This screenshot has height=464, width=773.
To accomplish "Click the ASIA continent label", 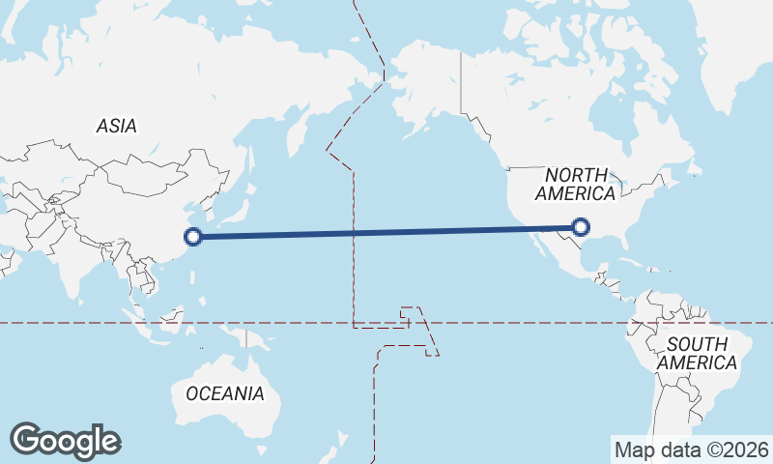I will click(116, 126).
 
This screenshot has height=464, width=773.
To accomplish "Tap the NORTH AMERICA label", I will click(578, 184).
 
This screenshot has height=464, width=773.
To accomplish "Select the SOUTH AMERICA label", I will click(697, 354).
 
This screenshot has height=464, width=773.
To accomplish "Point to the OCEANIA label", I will click(224, 393).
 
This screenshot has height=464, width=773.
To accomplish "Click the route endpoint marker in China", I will click(193, 235).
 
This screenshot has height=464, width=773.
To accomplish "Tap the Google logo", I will click(65, 441).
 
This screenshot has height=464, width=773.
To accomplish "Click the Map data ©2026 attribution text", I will click(691, 449).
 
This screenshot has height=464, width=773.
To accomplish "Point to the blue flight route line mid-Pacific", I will click(386, 231).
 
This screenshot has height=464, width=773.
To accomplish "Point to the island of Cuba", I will click(629, 262).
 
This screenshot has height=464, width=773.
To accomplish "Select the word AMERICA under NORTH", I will click(578, 194).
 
